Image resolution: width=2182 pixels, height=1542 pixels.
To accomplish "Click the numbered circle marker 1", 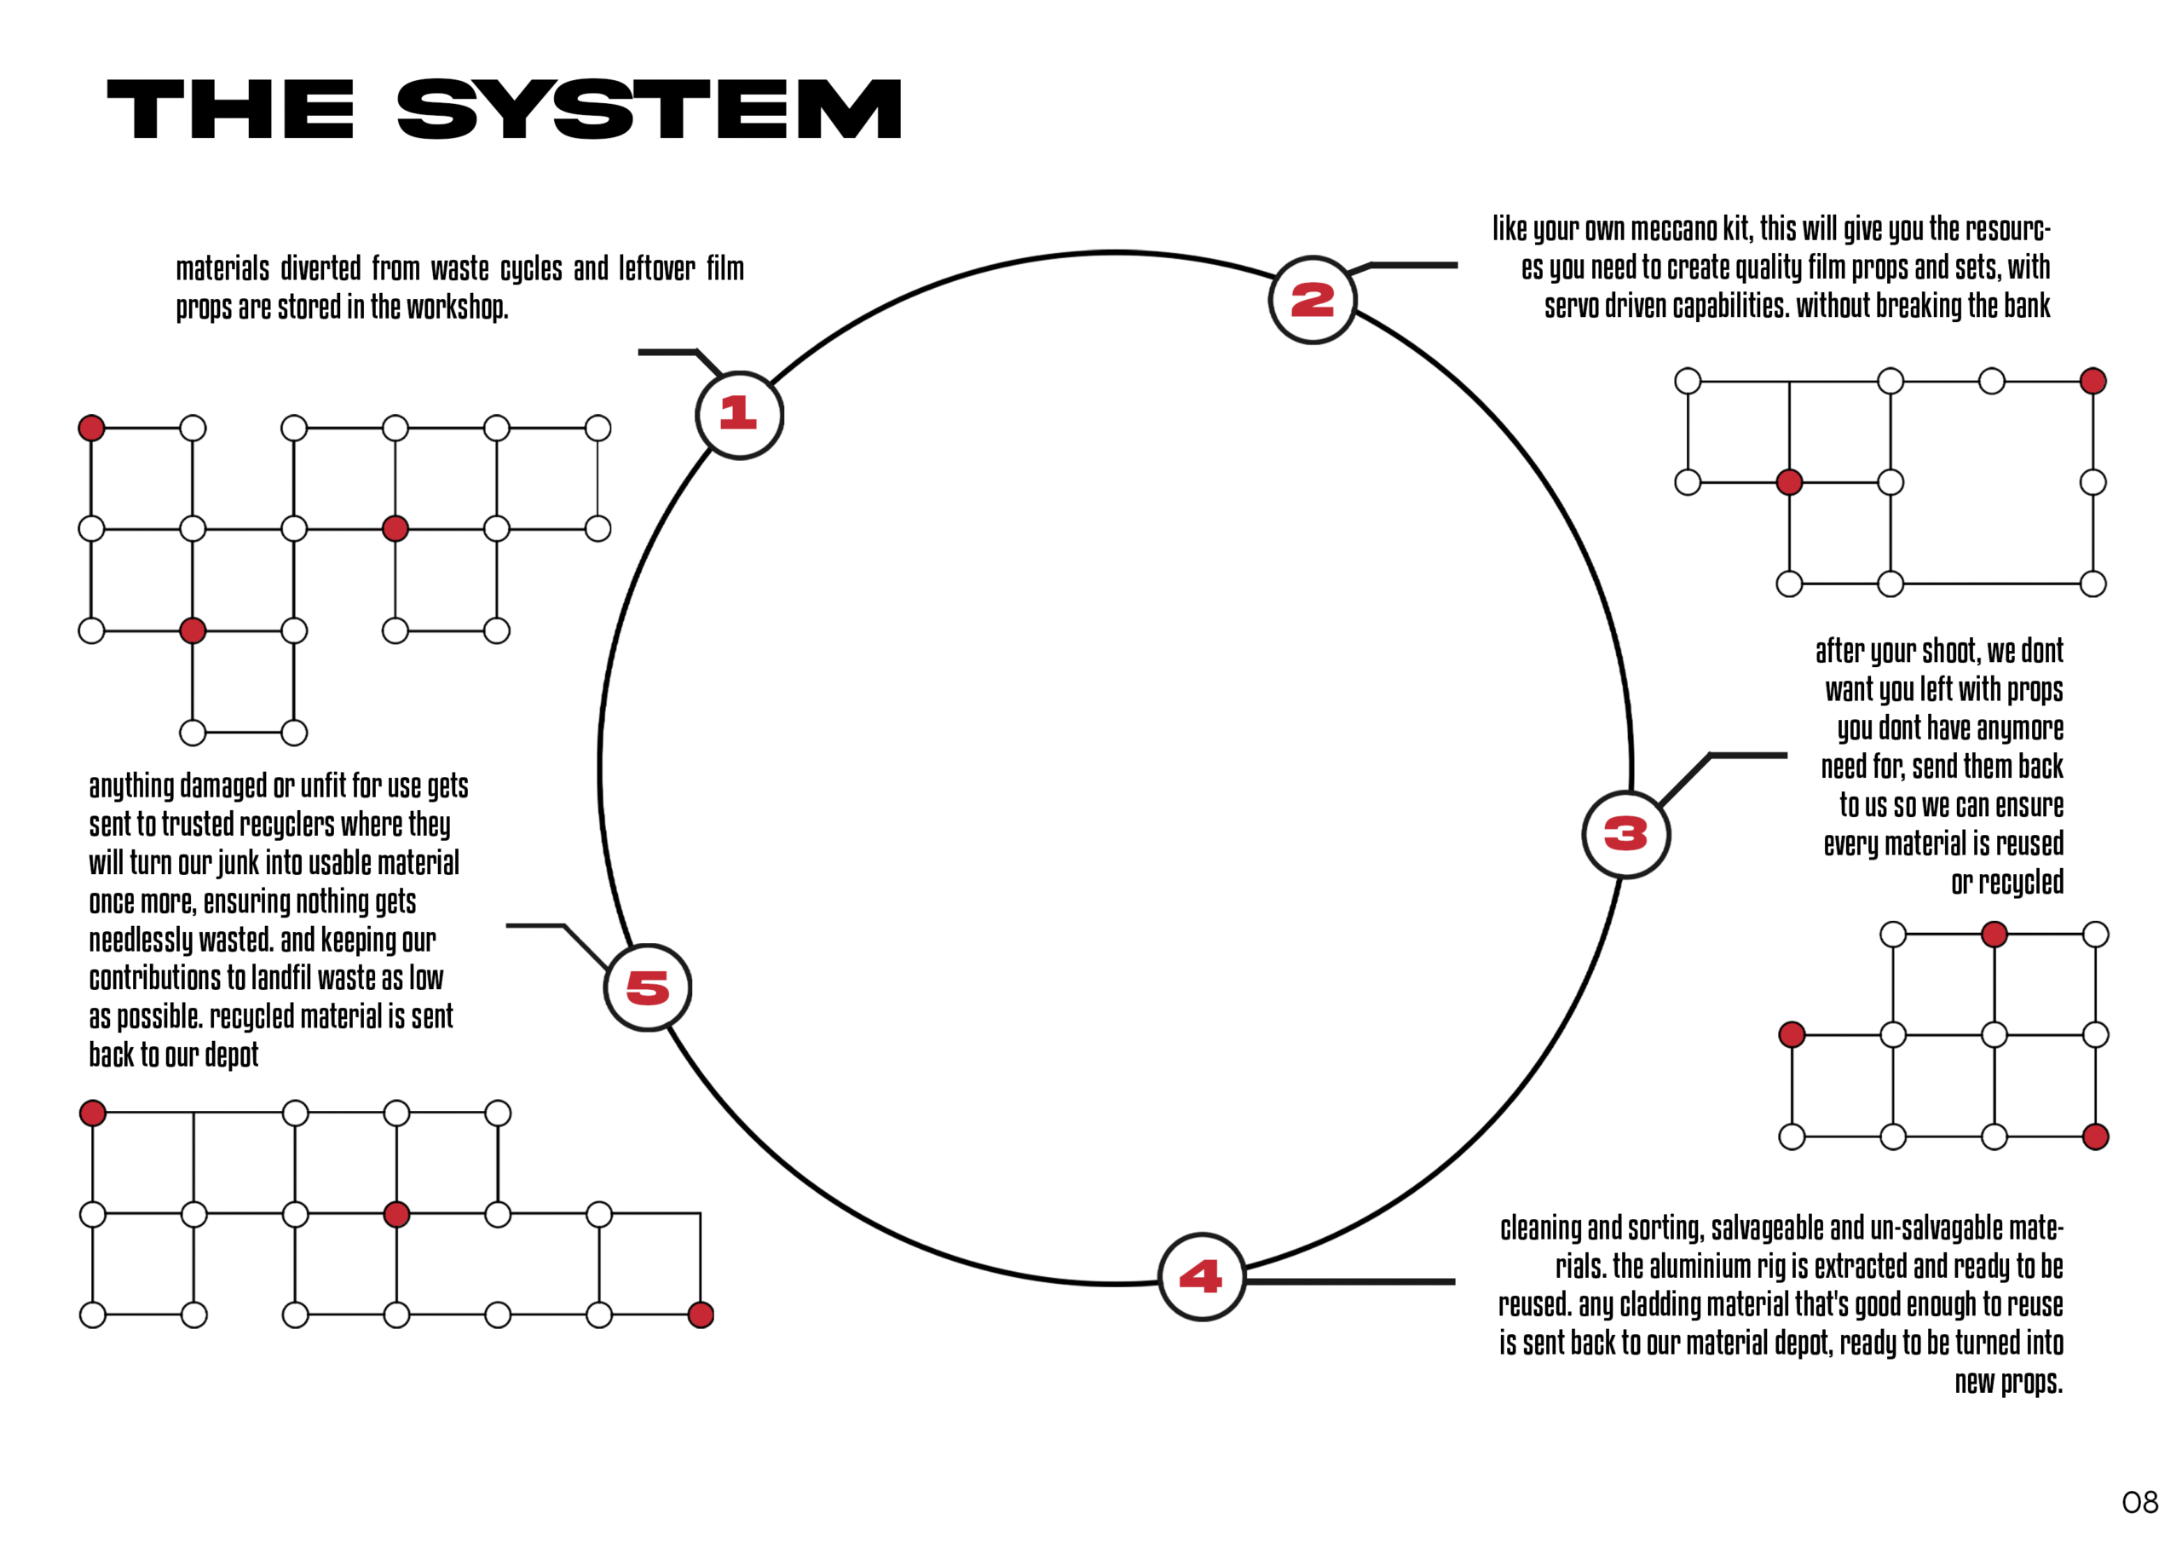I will pos(739,415).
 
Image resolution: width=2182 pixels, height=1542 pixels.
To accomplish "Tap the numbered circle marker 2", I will pos(1313,300).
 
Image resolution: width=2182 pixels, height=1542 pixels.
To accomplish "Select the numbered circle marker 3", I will pos(1626,834).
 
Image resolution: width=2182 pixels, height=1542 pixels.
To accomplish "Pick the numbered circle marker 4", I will pos(1201,1277).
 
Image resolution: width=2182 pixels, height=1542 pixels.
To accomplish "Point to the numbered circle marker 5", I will pos(648,988).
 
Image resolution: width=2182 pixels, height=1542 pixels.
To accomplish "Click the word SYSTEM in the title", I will pos(649,109).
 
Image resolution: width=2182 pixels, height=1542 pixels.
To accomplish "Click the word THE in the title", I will pos(231,109).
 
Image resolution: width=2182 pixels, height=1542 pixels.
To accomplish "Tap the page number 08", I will pos(2140,1502).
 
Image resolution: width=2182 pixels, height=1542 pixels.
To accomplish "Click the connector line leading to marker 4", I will pos(1349,1281).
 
